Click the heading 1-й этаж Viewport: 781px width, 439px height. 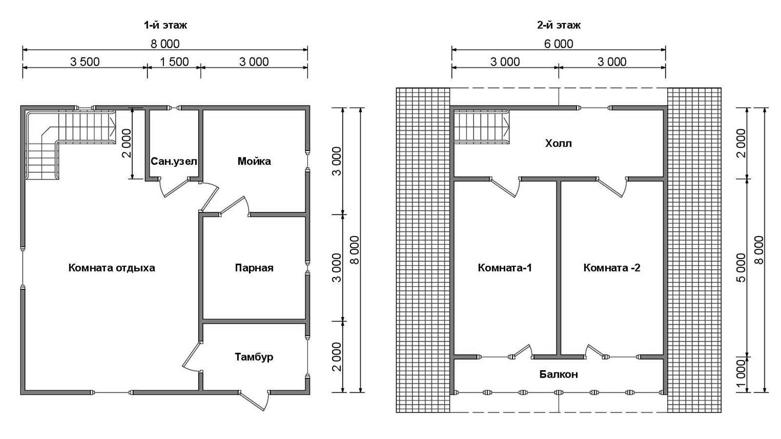tap(165, 25)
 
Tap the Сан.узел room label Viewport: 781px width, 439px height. tap(174, 161)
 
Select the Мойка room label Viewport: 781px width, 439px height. tap(254, 161)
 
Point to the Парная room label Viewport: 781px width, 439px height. tap(254, 268)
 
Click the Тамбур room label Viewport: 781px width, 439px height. tap(254, 357)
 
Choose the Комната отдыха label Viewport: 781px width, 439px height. tap(112, 268)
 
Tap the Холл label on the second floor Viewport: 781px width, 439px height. tap(558, 143)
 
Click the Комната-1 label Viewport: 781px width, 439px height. tap(505, 268)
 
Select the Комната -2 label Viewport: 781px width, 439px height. tap(612, 268)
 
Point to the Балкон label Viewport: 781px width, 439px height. tap(558, 375)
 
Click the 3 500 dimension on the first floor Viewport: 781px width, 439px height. tap(85, 62)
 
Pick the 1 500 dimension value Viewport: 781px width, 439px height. tap(174, 62)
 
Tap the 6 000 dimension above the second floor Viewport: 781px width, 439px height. tap(558, 44)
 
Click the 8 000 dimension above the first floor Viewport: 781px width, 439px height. tap(165, 44)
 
